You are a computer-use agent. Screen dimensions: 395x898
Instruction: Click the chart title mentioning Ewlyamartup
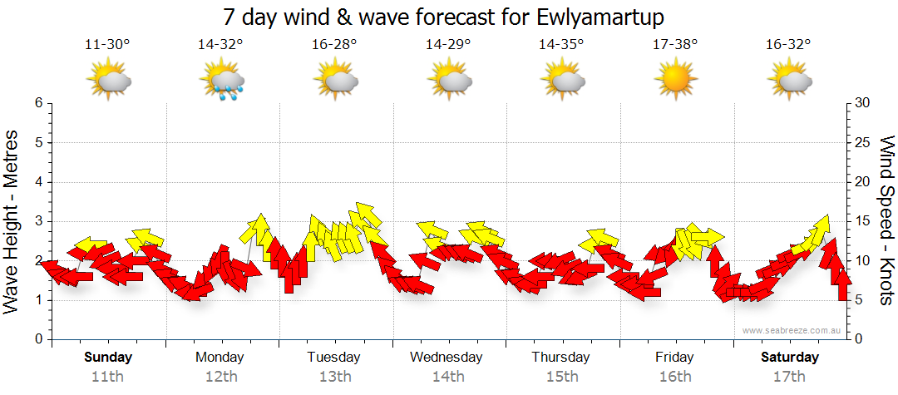pos(448,17)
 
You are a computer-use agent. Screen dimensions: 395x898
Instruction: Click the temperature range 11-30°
pos(107,45)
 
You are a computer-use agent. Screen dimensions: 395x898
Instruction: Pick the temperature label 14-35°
pos(561,45)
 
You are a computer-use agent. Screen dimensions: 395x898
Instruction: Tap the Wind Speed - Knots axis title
pos(886,220)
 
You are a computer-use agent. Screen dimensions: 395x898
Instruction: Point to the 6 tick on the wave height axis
pos(37,103)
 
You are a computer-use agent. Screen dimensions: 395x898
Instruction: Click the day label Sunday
pos(108,358)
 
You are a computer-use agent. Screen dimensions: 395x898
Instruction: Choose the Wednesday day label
pos(447,358)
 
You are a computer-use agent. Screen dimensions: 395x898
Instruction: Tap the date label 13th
pos(334,377)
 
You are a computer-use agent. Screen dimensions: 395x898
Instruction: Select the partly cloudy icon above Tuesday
pos(335,81)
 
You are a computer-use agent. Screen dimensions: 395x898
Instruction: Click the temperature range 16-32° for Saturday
pos(788,45)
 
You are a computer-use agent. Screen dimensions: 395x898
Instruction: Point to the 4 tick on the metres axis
pos(37,182)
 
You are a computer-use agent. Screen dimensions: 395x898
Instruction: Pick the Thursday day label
pos(561,358)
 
